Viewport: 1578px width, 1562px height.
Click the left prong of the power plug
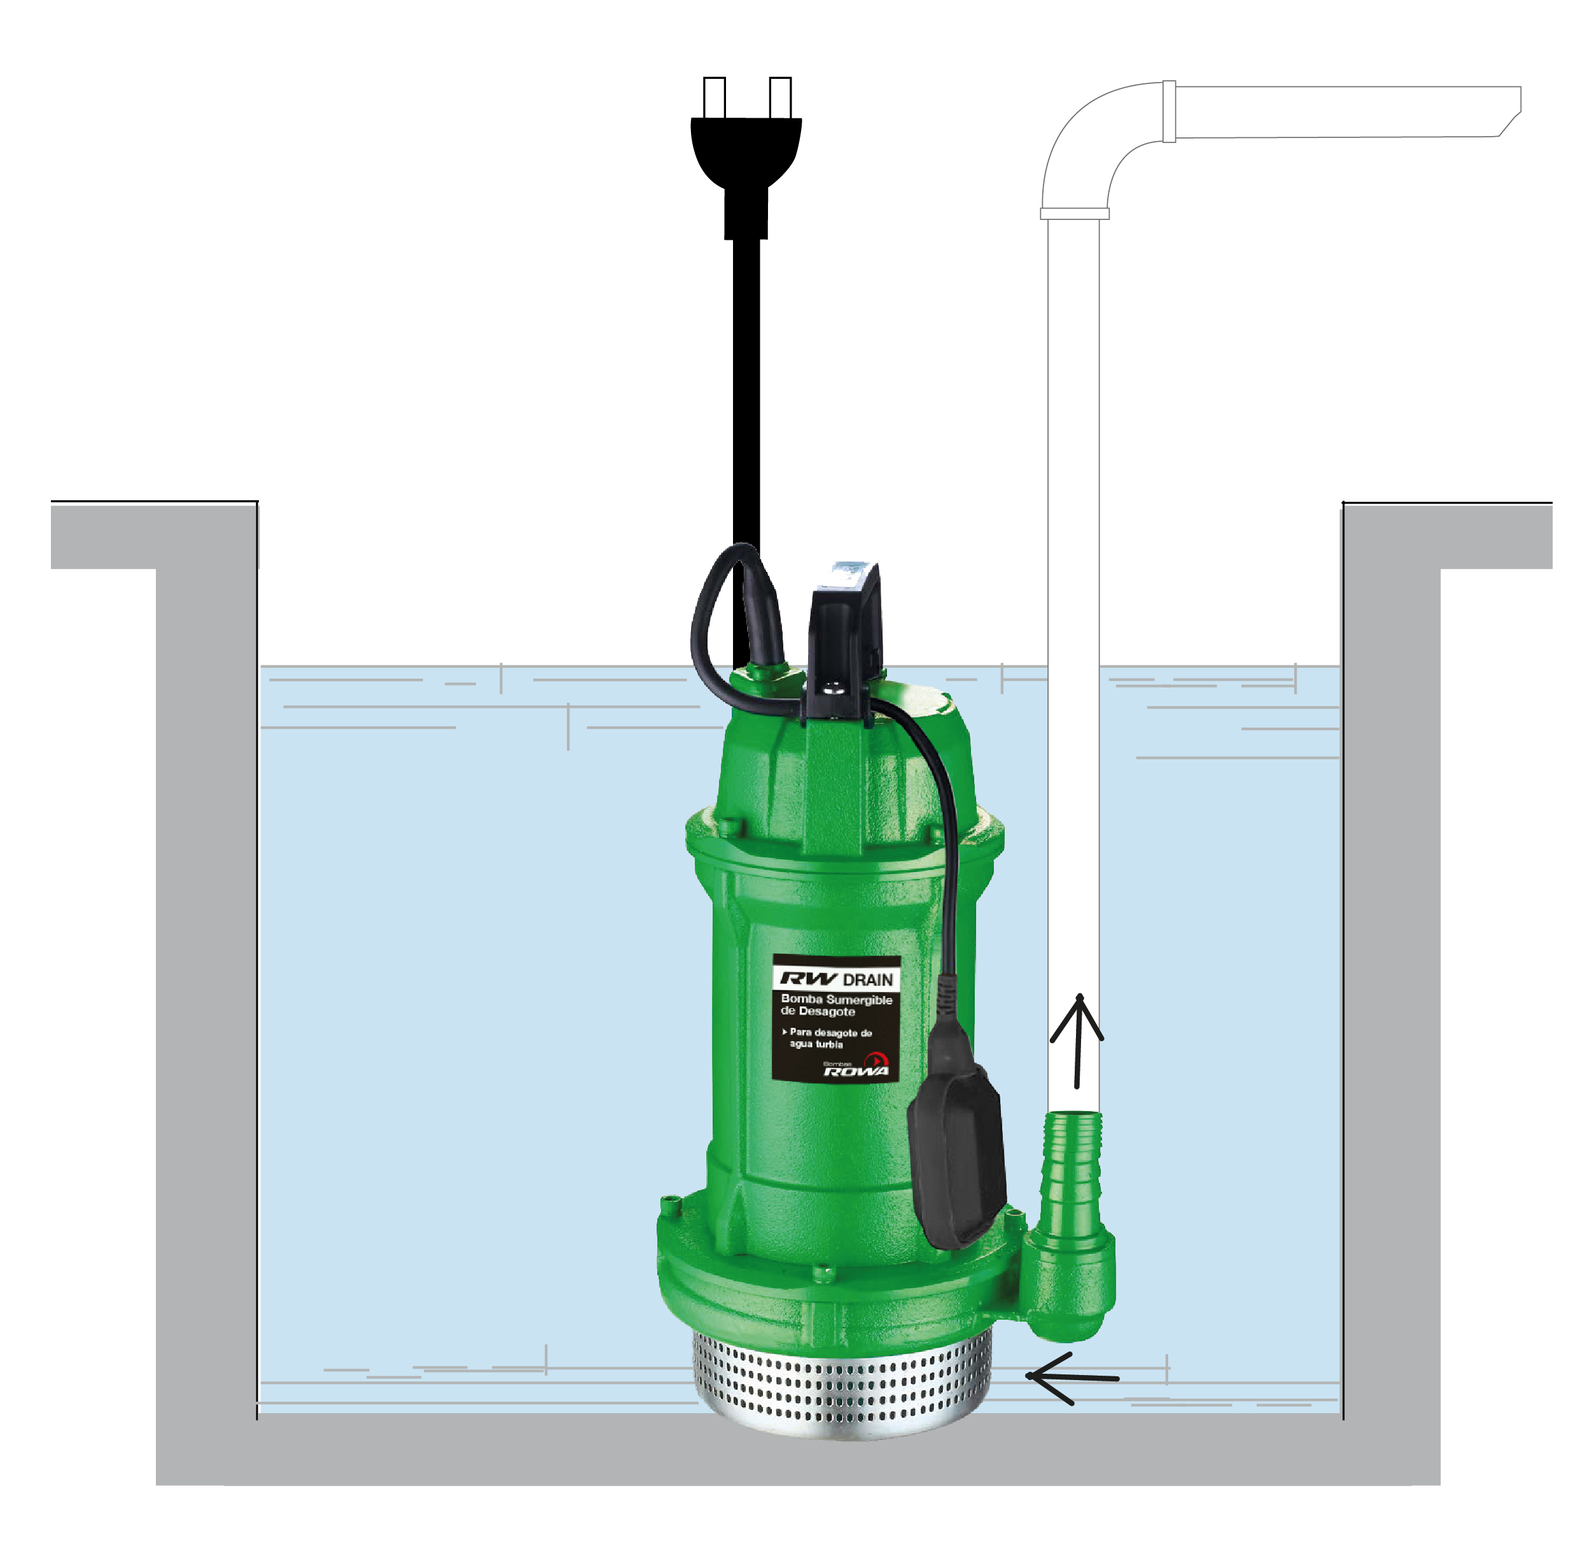coord(714,98)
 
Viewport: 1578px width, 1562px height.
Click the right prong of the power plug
coord(780,98)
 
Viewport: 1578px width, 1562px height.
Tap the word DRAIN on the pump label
coord(869,980)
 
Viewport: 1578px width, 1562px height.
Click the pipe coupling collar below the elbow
coord(1074,214)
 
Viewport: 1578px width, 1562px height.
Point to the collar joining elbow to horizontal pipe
coord(1169,111)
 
